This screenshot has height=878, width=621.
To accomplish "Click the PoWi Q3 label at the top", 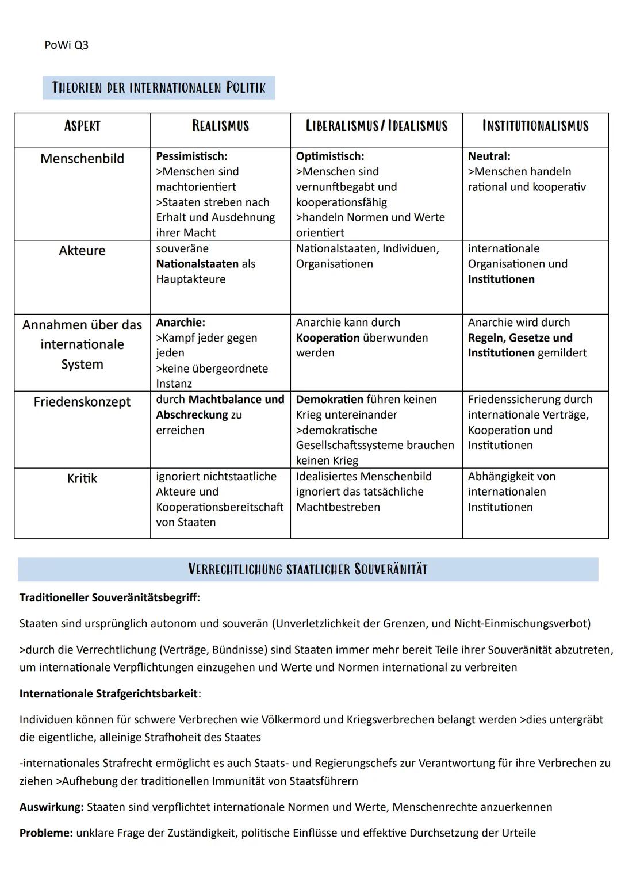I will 66,45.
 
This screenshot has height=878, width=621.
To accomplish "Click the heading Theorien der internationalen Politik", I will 159,87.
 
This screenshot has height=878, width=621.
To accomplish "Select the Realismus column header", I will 220,126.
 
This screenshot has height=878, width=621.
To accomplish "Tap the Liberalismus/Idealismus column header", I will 376,126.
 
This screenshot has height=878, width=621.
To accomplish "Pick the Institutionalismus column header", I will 535,126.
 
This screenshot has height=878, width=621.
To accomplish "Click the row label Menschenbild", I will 82,159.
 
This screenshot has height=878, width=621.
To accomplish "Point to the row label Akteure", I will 82,251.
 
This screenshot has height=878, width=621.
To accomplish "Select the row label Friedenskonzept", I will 82,402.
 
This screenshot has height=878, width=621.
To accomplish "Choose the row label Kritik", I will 82,478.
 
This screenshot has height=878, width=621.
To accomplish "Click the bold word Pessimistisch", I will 191,156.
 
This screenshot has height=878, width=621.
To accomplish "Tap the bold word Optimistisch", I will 329,156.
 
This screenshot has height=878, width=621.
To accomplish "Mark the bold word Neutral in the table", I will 489,156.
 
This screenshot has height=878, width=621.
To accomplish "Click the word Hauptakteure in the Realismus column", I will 190,279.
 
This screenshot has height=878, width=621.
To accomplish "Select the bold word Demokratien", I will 329,400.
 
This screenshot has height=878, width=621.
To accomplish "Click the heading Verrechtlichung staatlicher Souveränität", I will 308,569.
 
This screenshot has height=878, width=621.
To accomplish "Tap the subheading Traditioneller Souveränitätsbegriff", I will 109,597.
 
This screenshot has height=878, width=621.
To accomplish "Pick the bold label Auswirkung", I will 51,807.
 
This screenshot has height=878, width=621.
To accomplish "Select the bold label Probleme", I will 46,833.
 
